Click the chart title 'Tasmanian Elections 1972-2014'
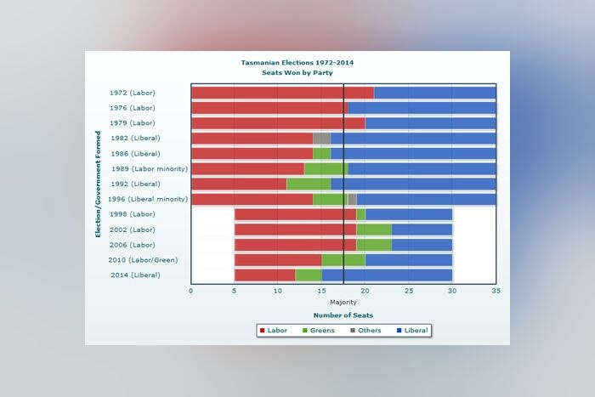coord(297,63)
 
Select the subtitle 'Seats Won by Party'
coord(297,73)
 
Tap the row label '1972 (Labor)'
coord(133,93)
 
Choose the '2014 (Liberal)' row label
coord(134,275)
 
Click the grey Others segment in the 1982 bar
coord(321,139)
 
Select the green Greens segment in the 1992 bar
coord(309,184)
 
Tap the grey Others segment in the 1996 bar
coord(352,199)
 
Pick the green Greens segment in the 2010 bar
coord(343,260)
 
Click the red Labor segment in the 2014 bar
coord(265,275)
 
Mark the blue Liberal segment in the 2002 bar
coord(422,230)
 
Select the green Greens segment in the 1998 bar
coord(360,214)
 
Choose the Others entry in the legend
coord(365,330)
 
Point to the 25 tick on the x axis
coord(409,291)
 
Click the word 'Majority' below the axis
coord(343,302)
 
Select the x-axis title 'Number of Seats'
coord(343,315)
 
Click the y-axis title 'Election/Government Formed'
coord(99,184)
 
